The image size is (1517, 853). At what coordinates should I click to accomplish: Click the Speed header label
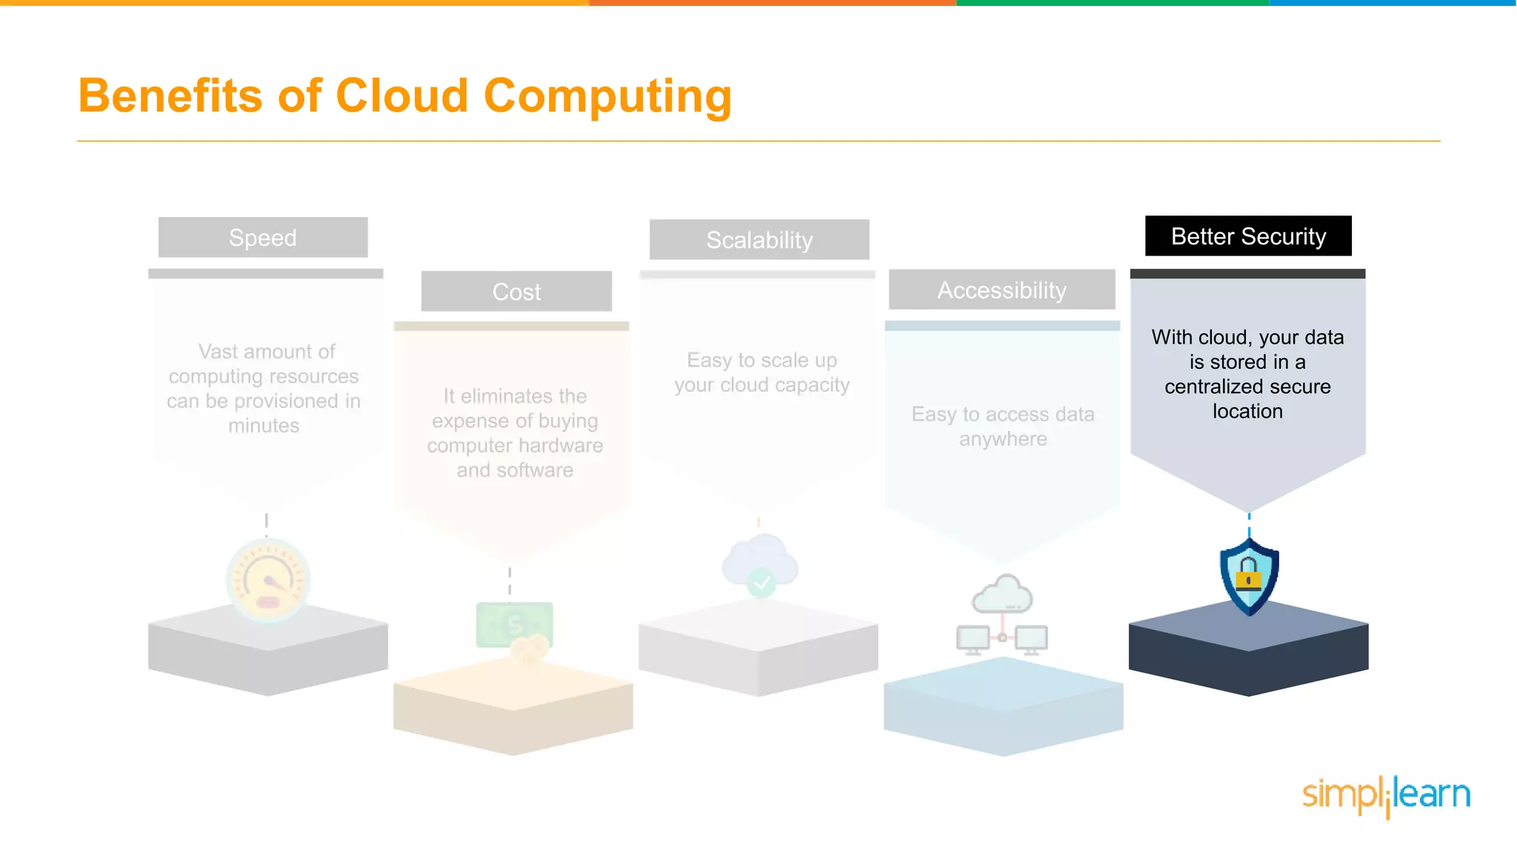(263, 238)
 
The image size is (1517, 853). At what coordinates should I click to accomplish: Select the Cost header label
(516, 292)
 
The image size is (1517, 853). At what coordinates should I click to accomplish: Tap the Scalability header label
(759, 240)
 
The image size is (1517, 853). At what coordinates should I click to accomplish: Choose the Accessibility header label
(1001, 290)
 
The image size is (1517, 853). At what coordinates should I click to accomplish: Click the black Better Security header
(1248, 236)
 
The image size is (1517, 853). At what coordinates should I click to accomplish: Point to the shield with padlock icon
(1249, 577)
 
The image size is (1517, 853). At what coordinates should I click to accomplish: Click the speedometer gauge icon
(267, 580)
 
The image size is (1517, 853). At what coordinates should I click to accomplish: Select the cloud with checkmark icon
(761, 566)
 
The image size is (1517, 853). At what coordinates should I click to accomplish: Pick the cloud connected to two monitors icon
(1002, 615)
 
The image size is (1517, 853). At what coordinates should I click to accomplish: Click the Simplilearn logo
(1386, 795)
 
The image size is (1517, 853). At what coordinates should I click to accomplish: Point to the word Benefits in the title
(170, 96)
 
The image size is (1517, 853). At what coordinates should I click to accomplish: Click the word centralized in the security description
(1211, 387)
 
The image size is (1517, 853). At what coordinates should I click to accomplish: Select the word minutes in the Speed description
(264, 426)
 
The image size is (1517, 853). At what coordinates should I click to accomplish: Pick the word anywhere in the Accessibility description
(1003, 439)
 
